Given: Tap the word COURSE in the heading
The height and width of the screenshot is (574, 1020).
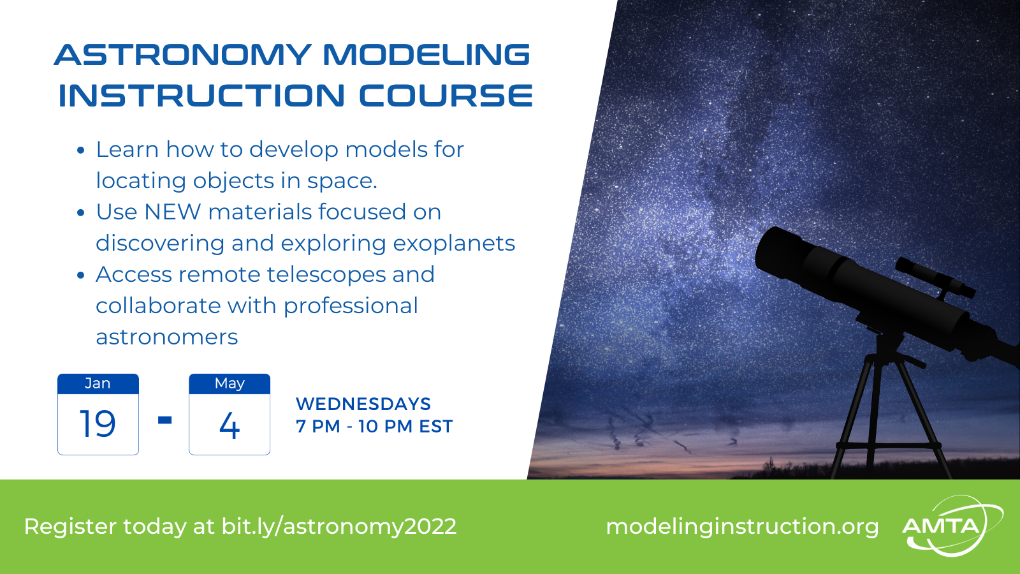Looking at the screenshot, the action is (446, 96).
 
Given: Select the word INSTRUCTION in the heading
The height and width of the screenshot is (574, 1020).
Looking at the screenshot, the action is (201, 96).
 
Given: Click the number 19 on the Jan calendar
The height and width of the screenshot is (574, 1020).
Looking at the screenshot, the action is (98, 423).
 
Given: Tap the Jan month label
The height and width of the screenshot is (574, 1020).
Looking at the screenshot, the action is (98, 383).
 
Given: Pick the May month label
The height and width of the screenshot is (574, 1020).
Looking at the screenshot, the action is (229, 384).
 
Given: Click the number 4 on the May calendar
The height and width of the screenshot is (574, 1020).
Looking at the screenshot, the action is (229, 425).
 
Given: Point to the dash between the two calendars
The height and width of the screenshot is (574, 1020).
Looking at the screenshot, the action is (165, 420).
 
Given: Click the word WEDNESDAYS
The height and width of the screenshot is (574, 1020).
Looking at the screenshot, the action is (363, 404).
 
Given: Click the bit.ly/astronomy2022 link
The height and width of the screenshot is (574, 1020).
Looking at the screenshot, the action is (339, 527).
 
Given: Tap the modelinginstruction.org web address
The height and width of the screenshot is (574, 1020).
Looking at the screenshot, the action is (742, 527).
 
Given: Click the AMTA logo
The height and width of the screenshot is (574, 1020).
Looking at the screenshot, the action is (952, 526).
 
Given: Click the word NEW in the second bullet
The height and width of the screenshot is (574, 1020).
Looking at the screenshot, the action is (172, 212).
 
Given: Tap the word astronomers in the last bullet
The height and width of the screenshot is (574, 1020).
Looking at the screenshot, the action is (166, 337).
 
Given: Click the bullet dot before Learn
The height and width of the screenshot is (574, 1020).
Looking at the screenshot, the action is (80, 151).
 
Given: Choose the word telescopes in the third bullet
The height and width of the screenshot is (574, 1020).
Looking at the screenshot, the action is (326, 275).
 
